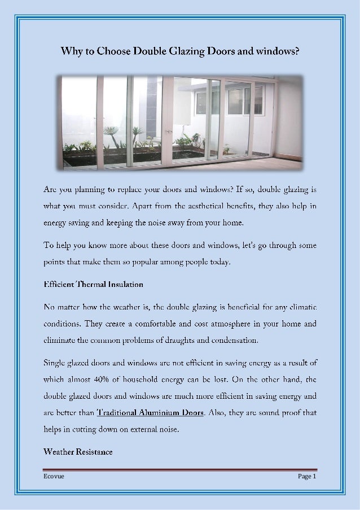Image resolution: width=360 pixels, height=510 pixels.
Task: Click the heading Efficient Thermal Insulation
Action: coord(93,284)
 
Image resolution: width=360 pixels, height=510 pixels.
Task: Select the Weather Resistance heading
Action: coord(78,452)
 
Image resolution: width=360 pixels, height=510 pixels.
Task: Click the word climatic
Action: coord(299,307)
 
